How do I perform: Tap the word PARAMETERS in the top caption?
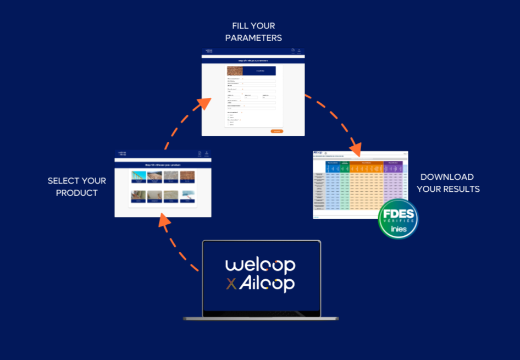pos(253,38)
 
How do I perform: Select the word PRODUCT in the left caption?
pos(77,193)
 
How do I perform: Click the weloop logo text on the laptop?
pos(260,265)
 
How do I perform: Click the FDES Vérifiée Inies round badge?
pos(399,219)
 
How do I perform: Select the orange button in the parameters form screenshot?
pos(277,131)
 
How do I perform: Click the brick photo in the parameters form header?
pos(235,71)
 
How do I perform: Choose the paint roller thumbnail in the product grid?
pos(187,196)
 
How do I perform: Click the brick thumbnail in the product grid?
pos(187,176)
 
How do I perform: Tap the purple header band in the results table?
pos(393,163)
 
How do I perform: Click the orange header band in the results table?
pos(366,163)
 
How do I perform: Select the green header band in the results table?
pos(345,163)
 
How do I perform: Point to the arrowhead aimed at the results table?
pos(356,148)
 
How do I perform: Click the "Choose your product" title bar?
pos(163,165)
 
